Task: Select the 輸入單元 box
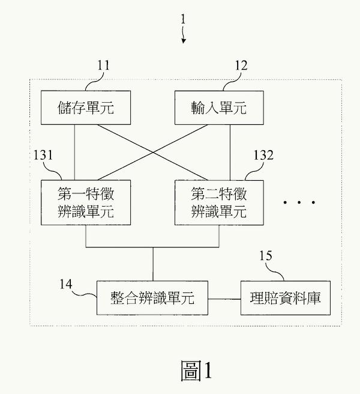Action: click(218, 109)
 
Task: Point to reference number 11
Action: click(103, 65)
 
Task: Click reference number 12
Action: click(241, 65)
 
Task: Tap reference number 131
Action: click(44, 155)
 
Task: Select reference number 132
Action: click(263, 155)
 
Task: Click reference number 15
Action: click(266, 256)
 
